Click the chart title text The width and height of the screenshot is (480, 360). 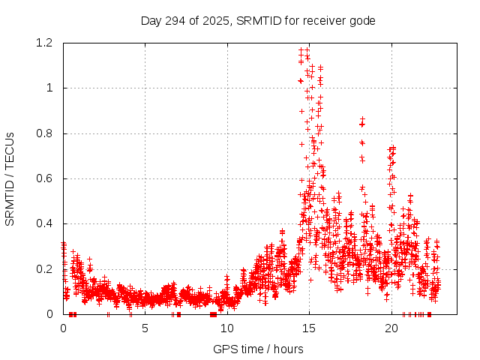pos(258,20)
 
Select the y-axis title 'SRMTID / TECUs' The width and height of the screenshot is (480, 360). pos(10,178)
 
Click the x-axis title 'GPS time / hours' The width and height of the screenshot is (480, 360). pos(258,349)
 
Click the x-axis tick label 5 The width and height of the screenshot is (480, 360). pos(145,328)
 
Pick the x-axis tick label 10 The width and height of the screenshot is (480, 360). pos(226,328)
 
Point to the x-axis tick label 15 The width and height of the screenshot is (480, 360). pos(309,328)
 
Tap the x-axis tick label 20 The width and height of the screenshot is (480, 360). pos(391,328)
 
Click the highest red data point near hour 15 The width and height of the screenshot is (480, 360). pos(307,49)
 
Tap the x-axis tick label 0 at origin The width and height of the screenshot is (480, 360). pos(63,328)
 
